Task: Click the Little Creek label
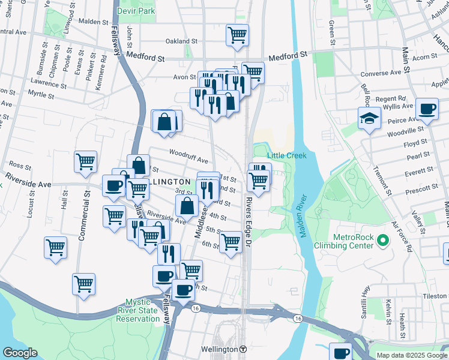(286, 155)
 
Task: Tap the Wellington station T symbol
(243, 349)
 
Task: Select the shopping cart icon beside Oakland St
(238, 35)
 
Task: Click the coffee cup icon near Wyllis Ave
(427, 109)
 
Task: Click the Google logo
(20, 352)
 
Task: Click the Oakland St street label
(182, 41)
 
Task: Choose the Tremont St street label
(382, 182)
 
